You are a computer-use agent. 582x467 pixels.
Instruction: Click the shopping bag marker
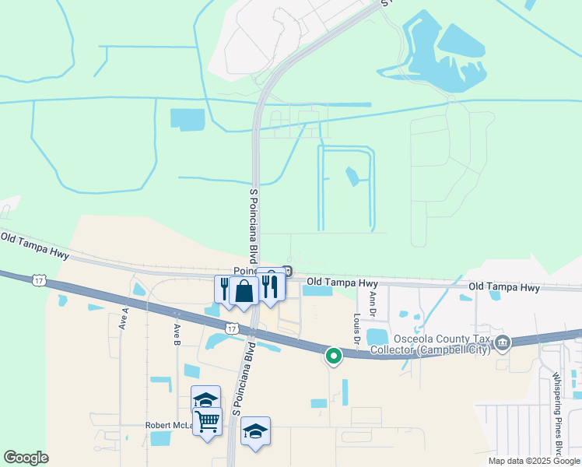tap(244, 292)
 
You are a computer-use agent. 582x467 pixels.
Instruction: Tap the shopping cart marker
tap(207, 422)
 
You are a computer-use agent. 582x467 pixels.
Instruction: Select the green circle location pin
tap(333, 356)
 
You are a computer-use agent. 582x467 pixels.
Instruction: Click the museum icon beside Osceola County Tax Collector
tap(503, 342)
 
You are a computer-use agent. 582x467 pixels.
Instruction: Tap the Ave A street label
tap(124, 319)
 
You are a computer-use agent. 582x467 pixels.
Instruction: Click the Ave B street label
tap(177, 334)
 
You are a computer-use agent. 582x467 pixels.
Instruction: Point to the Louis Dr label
tap(356, 329)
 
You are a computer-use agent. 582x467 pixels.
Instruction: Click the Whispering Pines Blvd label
tap(557, 412)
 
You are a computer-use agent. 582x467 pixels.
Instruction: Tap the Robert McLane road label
tap(167, 426)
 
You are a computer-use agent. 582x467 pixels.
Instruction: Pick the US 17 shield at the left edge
tap(38, 279)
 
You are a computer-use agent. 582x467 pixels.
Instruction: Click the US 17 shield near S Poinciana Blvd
tap(232, 329)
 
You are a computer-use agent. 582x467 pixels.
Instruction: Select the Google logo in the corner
tap(26, 458)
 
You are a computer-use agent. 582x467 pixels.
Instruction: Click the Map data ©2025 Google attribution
tap(534, 461)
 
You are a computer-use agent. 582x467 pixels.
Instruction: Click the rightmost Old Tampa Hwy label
tap(504, 288)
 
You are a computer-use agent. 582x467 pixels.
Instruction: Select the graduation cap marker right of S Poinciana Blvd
tap(255, 430)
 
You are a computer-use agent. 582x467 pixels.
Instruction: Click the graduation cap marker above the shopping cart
tap(205, 399)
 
